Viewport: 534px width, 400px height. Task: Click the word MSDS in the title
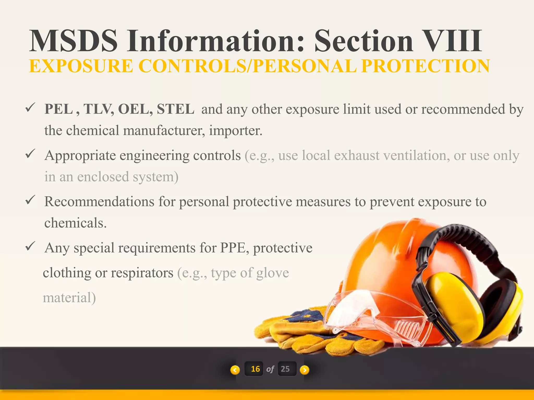pos(74,41)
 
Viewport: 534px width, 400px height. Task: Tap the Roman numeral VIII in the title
pos(452,41)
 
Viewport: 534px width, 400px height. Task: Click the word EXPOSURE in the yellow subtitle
pos(81,66)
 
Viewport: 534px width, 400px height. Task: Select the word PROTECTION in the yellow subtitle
pos(426,66)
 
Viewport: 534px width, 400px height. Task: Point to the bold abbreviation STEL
pos(175,109)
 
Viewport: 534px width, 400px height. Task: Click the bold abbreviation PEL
pos(59,109)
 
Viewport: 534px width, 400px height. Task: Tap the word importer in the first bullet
pos(235,130)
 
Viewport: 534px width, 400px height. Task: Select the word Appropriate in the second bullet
pos(80,156)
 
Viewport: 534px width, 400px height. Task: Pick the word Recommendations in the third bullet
pos(99,202)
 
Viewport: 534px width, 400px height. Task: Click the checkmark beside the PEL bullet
pos(30,107)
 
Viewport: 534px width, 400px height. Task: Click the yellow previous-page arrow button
pos(235,370)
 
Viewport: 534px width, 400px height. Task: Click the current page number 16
pos(255,369)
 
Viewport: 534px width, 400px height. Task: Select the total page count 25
pos(285,369)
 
